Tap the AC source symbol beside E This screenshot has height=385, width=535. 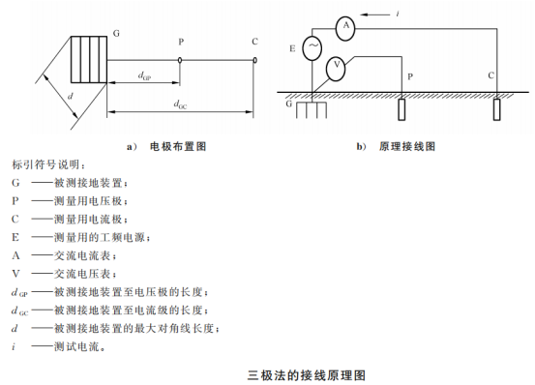click(312, 48)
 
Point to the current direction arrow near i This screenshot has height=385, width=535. click(375, 15)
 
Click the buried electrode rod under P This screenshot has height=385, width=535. click(401, 109)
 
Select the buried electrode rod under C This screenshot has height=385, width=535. click(497, 109)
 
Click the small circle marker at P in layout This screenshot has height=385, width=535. click(180, 60)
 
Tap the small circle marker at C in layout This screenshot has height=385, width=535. click(254, 60)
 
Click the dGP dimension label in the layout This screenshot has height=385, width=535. click(144, 75)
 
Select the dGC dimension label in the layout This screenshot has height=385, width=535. click(180, 104)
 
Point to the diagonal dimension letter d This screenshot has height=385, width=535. click(71, 96)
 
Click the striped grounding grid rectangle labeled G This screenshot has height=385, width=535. click(89, 59)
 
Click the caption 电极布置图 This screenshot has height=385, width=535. click(178, 147)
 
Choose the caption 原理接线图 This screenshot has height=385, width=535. click(407, 147)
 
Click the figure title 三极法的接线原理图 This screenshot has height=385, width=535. click(307, 375)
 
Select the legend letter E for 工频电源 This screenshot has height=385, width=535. click(15, 237)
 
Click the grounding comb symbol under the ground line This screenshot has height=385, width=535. click(312, 110)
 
